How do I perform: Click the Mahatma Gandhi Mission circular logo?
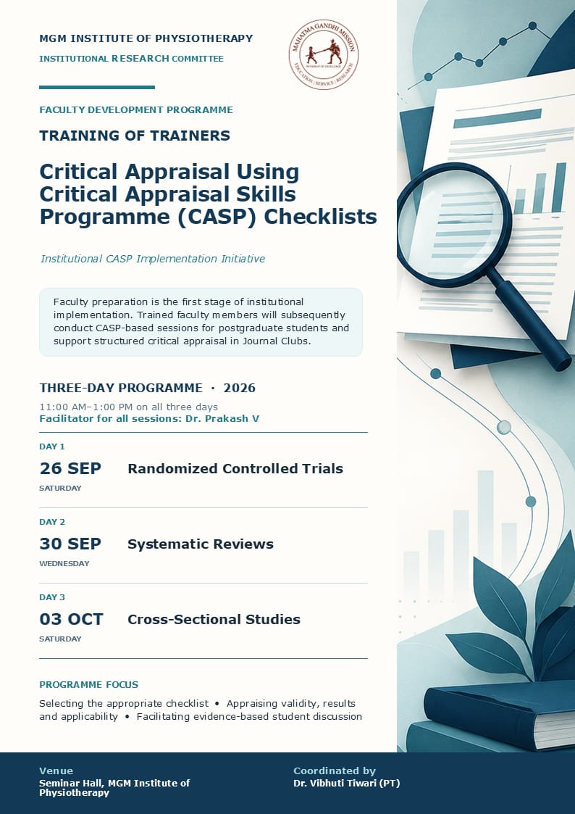pos(324,54)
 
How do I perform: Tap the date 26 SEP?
pos(70,469)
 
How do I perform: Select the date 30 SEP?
pos(70,544)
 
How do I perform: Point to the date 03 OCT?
pos(72,619)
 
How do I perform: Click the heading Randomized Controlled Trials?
pos(235,469)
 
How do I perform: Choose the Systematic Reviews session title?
pos(201,544)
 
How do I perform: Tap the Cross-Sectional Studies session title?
pos(214,619)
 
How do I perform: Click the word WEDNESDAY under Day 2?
pos(64,564)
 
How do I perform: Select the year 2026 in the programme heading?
pos(240,389)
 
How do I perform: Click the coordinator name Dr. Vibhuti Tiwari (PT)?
pos(347,784)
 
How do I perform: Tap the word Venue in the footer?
pos(56,771)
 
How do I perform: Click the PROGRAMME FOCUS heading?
pos(88,685)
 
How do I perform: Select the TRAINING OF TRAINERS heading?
pos(135,136)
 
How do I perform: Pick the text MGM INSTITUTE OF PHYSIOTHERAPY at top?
pos(146,38)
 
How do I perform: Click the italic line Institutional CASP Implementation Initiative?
pos(153,259)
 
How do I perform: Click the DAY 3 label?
pos(52,597)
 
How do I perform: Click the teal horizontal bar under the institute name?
pos(97,87)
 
